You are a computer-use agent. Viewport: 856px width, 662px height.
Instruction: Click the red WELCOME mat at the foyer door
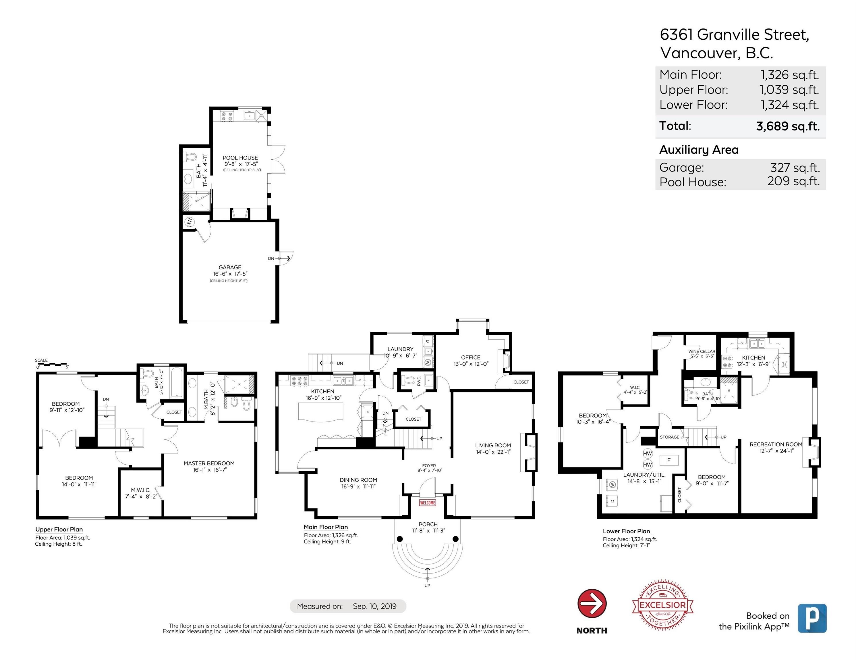(427, 503)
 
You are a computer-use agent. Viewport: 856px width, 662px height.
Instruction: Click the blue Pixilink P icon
(812, 618)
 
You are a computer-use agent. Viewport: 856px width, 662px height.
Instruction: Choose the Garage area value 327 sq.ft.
(795, 168)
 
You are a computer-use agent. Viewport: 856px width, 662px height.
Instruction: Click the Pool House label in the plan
(240, 158)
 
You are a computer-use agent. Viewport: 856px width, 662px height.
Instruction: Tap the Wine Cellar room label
(702, 351)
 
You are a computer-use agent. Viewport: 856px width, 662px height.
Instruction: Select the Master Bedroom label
(209, 463)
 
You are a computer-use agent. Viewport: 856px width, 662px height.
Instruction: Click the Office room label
(470, 357)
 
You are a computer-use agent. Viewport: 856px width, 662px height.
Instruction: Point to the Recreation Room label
(776, 444)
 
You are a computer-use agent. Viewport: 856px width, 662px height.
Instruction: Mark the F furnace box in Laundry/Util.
(669, 460)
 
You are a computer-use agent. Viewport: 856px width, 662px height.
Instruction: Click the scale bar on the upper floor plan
(53, 364)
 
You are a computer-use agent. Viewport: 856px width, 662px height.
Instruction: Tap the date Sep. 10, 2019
(374, 606)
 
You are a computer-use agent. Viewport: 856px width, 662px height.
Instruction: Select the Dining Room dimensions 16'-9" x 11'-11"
(358, 486)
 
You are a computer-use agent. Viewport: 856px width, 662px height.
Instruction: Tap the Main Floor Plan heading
(325, 527)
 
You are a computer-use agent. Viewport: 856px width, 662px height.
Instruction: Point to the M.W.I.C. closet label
(140, 490)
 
